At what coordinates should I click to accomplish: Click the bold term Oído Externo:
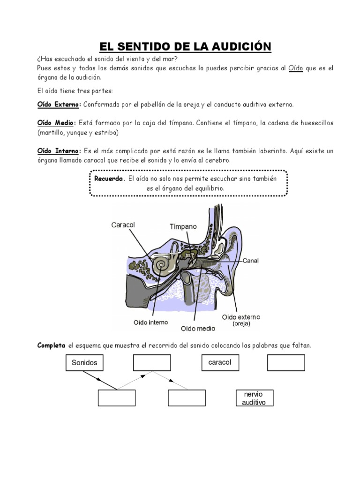tap(59, 104)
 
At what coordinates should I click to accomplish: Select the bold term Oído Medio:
tap(56, 123)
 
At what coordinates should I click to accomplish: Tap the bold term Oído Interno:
tap(59, 151)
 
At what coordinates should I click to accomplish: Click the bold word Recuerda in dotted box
tap(110, 179)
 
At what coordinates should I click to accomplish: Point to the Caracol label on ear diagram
tap(123, 225)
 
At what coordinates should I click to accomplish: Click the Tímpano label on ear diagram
tap(183, 226)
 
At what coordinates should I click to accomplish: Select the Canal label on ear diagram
tap(251, 260)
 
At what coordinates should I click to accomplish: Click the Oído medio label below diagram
tap(198, 329)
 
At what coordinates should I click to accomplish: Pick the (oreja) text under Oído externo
tap(241, 324)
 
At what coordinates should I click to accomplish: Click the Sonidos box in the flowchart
tap(84, 363)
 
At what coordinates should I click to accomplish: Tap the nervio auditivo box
tap(254, 398)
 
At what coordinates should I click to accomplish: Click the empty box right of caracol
tap(286, 363)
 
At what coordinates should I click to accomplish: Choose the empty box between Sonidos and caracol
tap(152, 363)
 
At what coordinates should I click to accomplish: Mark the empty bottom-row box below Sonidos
tap(116, 398)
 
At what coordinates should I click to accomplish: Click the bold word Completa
tap(51, 345)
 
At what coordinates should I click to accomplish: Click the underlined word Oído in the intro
tap(296, 68)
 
